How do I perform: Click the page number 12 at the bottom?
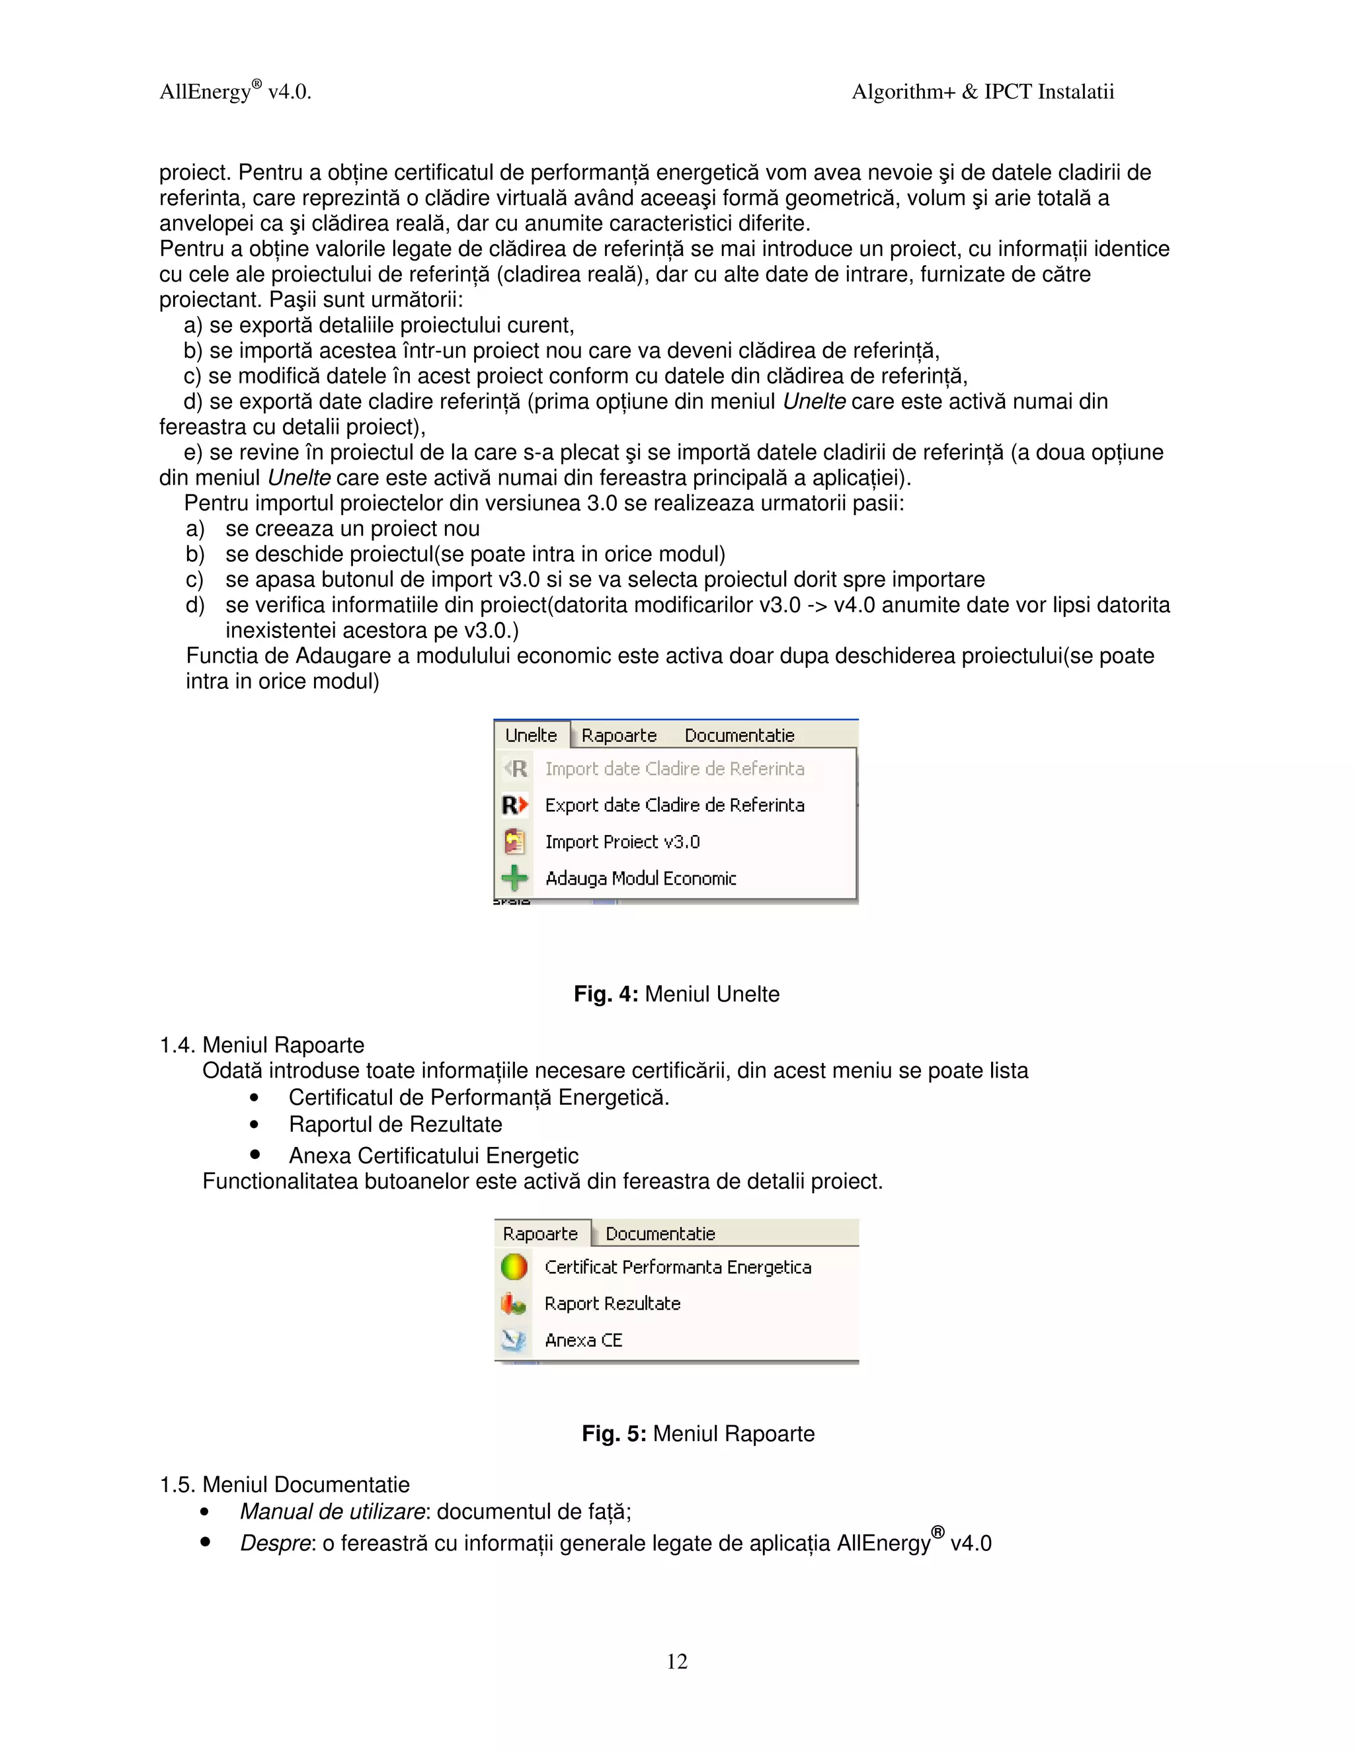(x=676, y=1661)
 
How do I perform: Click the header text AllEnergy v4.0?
(x=235, y=91)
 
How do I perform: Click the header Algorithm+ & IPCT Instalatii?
(x=982, y=91)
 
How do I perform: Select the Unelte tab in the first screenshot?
(x=531, y=735)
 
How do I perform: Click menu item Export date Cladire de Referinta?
(x=674, y=805)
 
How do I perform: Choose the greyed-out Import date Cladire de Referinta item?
(x=674, y=768)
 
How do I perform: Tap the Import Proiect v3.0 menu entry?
(x=621, y=842)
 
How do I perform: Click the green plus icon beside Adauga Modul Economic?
(x=514, y=877)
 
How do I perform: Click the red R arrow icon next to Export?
(x=514, y=805)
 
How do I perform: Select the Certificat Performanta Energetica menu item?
(x=677, y=1267)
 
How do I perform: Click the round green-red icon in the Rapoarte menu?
(x=513, y=1267)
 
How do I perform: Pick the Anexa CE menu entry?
(x=583, y=1339)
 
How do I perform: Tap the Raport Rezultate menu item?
(x=612, y=1304)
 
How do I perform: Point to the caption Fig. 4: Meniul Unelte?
(x=676, y=994)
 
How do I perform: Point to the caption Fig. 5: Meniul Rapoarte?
(x=698, y=1433)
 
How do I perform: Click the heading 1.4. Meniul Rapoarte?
(x=262, y=1045)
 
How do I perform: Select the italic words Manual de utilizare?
(x=332, y=1511)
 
